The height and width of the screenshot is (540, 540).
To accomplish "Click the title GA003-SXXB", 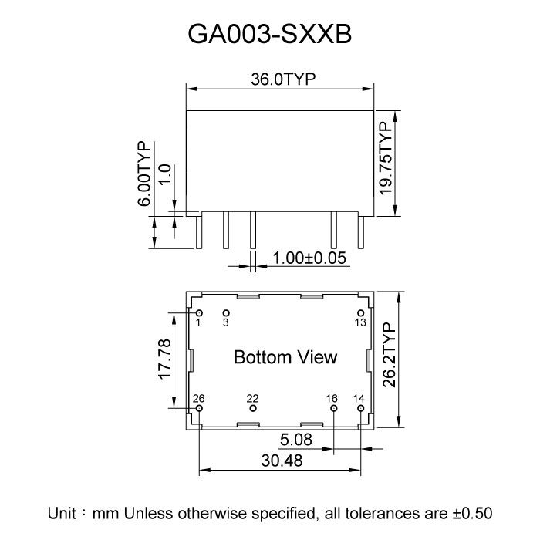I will click(269, 35).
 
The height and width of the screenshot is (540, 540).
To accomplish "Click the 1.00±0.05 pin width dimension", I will click(306, 259).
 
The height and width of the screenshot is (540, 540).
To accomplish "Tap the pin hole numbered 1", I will click(199, 312).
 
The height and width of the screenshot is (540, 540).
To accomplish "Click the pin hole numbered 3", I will click(226, 312).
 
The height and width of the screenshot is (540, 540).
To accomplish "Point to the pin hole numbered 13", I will click(359, 312).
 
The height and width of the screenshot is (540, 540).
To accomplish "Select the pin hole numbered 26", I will click(199, 407).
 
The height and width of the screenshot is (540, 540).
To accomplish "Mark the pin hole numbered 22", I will click(252, 407).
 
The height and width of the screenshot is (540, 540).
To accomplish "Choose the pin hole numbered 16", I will click(332, 407).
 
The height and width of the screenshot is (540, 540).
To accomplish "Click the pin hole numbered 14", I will click(359, 407).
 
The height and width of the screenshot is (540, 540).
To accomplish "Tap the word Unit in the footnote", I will click(62, 512).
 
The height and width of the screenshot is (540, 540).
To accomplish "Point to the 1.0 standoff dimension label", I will click(164, 174).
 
